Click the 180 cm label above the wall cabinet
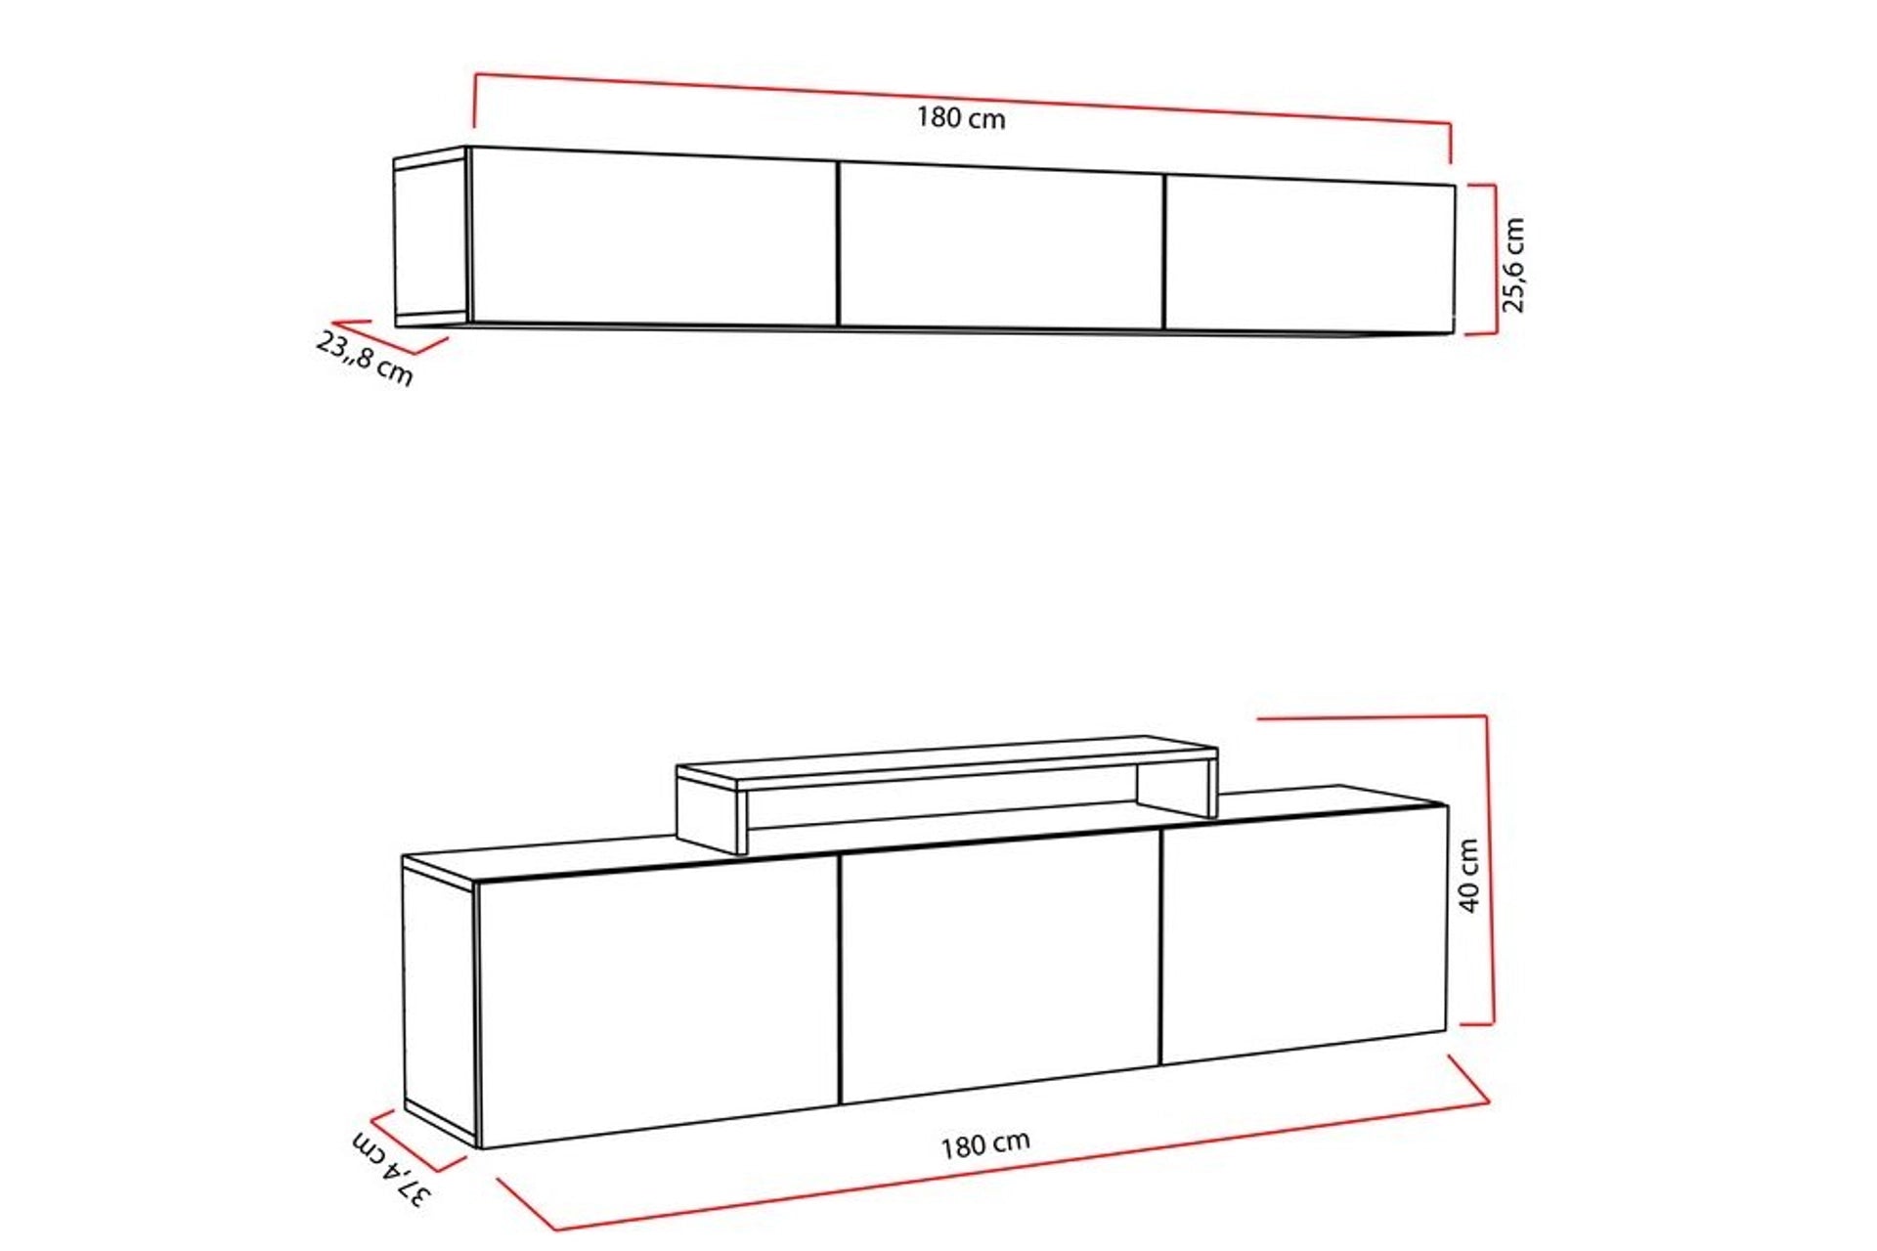coord(961,118)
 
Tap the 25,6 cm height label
coord(1513,264)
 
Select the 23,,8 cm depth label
coord(365,358)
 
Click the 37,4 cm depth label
coord(391,1170)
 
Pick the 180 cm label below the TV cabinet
coord(985,1143)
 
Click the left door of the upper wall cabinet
coord(653,237)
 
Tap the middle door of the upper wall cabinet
coord(1001,247)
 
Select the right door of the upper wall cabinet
coord(1308,256)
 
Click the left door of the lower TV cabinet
coord(657,1002)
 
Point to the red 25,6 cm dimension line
coord(1495,259)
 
